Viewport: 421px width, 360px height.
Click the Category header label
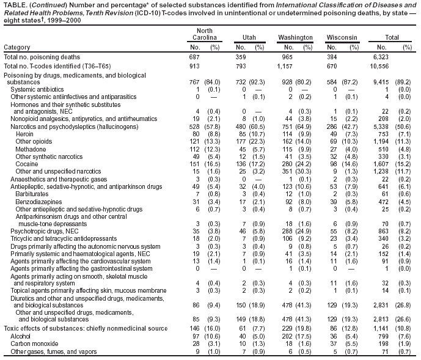(17, 47)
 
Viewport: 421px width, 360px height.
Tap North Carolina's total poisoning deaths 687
(194, 57)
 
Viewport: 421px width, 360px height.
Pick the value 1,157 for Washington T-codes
(285, 66)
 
